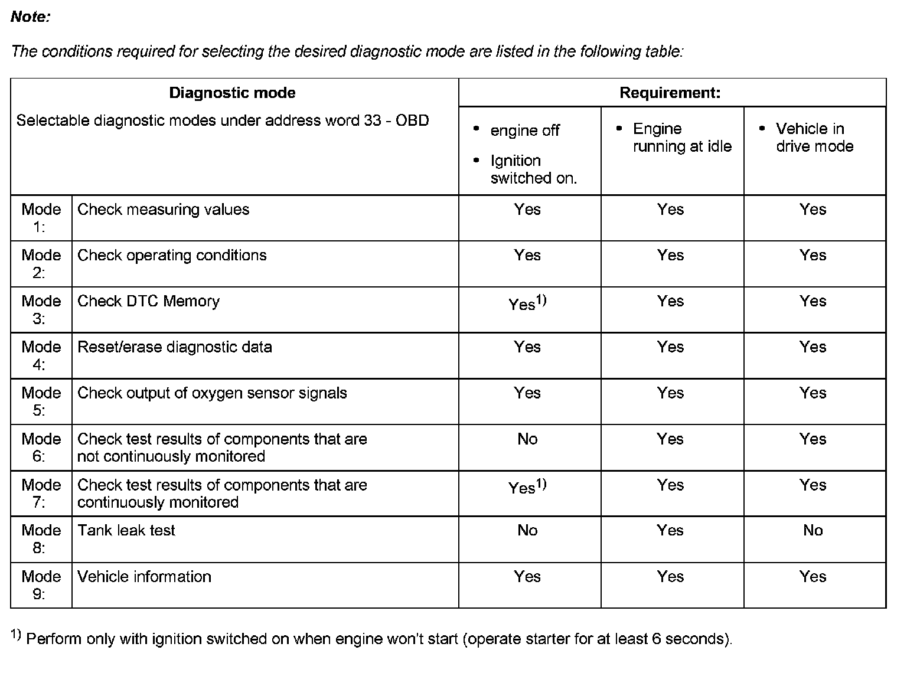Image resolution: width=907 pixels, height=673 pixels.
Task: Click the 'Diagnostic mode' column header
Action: [x=232, y=93]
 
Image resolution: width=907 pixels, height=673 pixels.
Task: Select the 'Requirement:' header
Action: [x=670, y=93]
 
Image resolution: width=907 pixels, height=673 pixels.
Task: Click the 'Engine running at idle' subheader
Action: [x=681, y=138]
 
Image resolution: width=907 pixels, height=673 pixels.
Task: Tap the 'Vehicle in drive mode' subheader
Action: [x=814, y=138]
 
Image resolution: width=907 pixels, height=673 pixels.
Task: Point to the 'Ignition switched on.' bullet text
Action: [x=533, y=169]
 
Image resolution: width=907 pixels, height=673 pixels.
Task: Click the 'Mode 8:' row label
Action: [x=41, y=539]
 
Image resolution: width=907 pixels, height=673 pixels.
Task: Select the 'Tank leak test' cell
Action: [x=126, y=530]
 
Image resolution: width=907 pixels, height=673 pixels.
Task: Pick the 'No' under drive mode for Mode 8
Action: [x=813, y=530]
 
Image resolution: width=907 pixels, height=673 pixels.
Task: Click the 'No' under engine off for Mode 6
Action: [x=527, y=439]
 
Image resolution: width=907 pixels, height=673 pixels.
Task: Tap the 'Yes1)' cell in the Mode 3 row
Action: [x=527, y=303]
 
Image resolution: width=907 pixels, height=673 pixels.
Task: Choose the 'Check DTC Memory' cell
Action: [x=148, y=301]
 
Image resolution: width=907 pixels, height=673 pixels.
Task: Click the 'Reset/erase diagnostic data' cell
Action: [x=175, y=347]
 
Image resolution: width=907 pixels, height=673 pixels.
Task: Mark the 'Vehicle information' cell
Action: [x=144, y=576]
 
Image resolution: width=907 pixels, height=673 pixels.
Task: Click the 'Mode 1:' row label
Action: [x=41, y=218]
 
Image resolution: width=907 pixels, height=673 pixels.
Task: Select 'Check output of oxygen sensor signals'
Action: [x=212, y=393]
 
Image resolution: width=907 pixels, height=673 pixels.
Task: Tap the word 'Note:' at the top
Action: [x=30, y=17]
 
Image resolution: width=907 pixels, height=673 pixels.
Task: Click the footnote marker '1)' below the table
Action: [x=16, y=635]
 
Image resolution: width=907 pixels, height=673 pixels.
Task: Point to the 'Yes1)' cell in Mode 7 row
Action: [x=527, y=486]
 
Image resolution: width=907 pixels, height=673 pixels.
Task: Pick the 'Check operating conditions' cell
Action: [x=172, y=255]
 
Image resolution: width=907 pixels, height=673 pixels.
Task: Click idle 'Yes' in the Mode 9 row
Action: [x=670, y=576]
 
